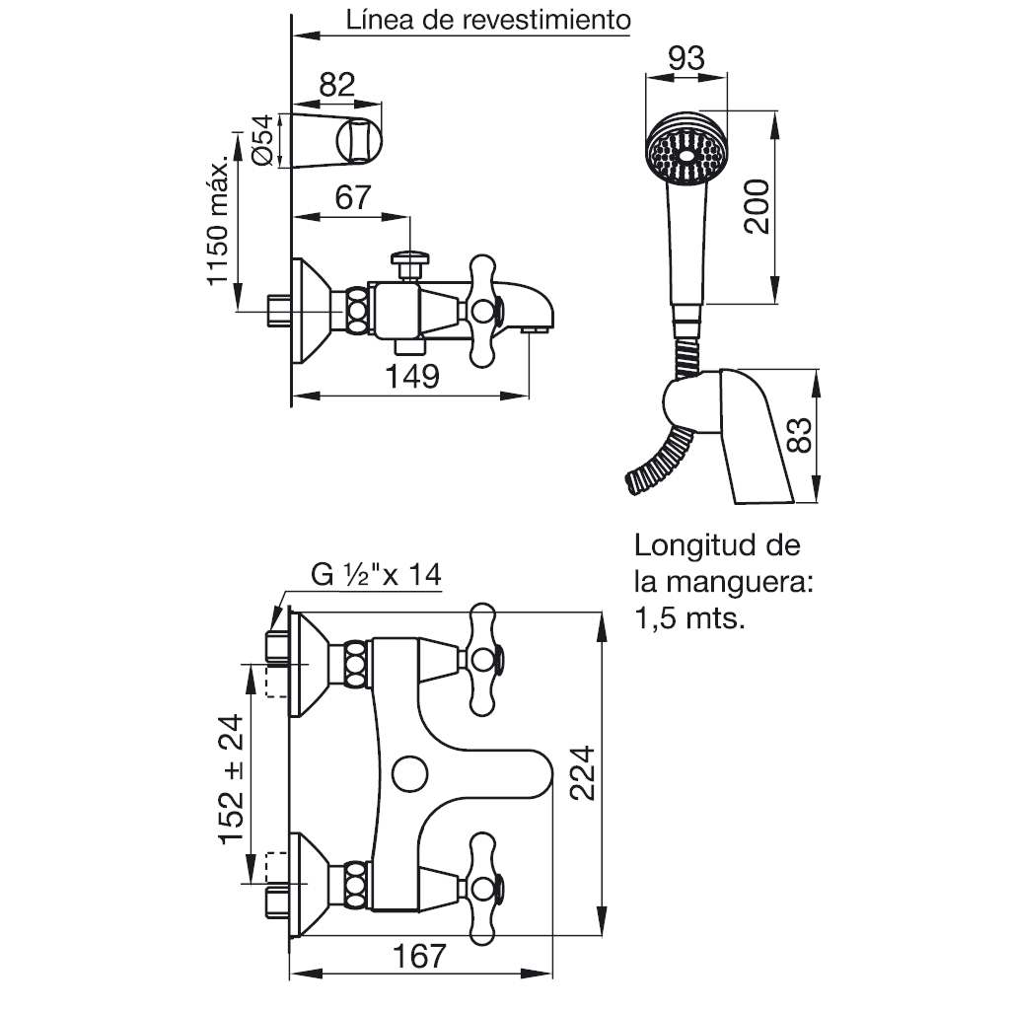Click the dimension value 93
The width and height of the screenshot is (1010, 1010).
coord(686,58)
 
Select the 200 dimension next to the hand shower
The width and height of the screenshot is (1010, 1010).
coord(757,206)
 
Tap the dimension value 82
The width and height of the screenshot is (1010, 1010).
coord(337,85)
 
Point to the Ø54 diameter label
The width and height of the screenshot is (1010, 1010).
coord(262,140)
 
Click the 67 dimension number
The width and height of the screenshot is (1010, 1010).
coord(353,197)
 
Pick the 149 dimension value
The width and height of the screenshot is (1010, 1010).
coord(412,376)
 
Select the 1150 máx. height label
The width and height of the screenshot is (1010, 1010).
coord(218,220)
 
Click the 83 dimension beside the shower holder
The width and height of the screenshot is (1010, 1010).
coord(800,435)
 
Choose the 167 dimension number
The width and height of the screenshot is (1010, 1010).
coord(419,956)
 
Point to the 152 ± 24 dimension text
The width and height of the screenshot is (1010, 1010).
coord(232,779)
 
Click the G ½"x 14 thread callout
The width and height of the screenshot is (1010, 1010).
coord(376,574)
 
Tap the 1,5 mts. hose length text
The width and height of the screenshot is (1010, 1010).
coord(689,618)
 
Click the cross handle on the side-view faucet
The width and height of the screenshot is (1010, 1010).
coord(482,311)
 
